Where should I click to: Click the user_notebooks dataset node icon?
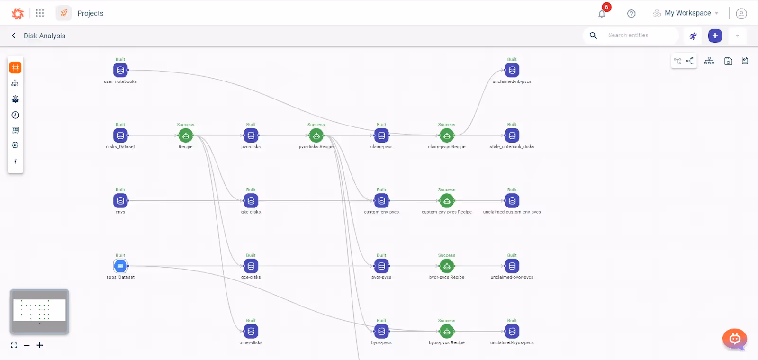(x=120, y=70)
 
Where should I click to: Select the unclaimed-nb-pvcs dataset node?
(x=512, y=70)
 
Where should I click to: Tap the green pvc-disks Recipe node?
(x=316, y=135)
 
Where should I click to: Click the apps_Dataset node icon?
(x=120, y=266)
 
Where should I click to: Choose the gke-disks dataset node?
(x=251, y=201)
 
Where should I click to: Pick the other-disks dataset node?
(x=251, y=332)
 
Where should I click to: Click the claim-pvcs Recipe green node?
(x=447, y=135)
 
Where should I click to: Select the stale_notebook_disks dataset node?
(x=512, y=135)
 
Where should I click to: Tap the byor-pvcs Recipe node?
(x=447, y=266)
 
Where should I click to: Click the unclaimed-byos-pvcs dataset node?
(x=512, y=332)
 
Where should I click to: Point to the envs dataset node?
(x=120, y=201)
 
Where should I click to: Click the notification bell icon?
(x=602, y=14)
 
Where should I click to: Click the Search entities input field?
(x=640, y=36)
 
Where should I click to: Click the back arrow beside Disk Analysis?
(x=14, y=36)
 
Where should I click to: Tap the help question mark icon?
(x=631, y=14)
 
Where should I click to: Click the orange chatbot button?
(x=734, y=339)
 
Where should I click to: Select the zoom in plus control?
(x=40, y=345)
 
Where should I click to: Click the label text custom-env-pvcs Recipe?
(x=447, y=212)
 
